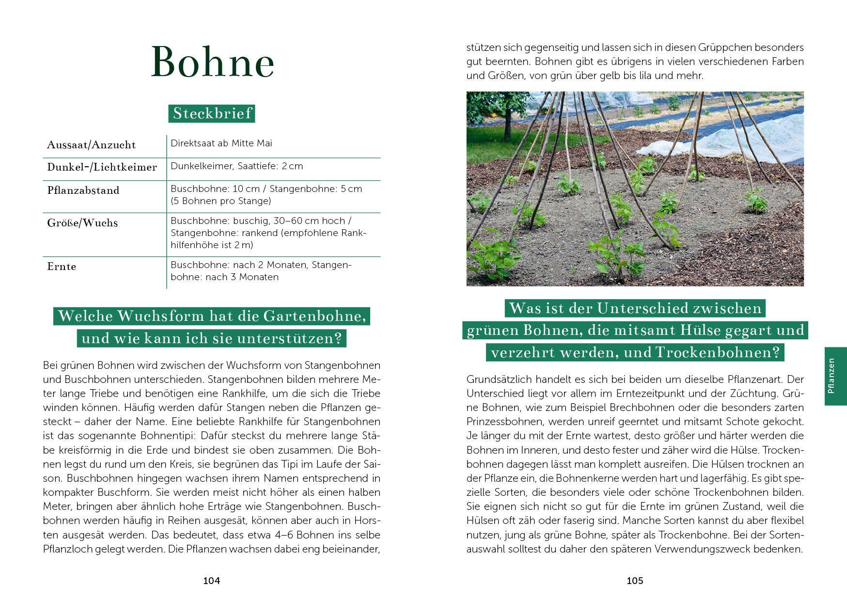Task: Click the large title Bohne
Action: click(x=212, y=62)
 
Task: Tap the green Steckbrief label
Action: click(x=212, y=113)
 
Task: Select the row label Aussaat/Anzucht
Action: click(x=91, y=145)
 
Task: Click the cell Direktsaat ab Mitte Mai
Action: click(x=221, y=143)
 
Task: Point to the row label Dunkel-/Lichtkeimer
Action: click(x=102, y=167)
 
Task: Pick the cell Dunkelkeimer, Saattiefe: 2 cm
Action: click(x=236, y=166)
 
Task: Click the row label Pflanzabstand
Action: click(x=83, y=190)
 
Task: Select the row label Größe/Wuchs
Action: click(x=82, y=223)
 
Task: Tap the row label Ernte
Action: click(x=62, y=267)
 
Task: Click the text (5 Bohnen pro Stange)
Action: click(x=220, y=201)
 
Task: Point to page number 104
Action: click(x=211, y=581)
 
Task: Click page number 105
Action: click(x=635, y=581)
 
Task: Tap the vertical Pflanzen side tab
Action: click(x=835, y=376)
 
